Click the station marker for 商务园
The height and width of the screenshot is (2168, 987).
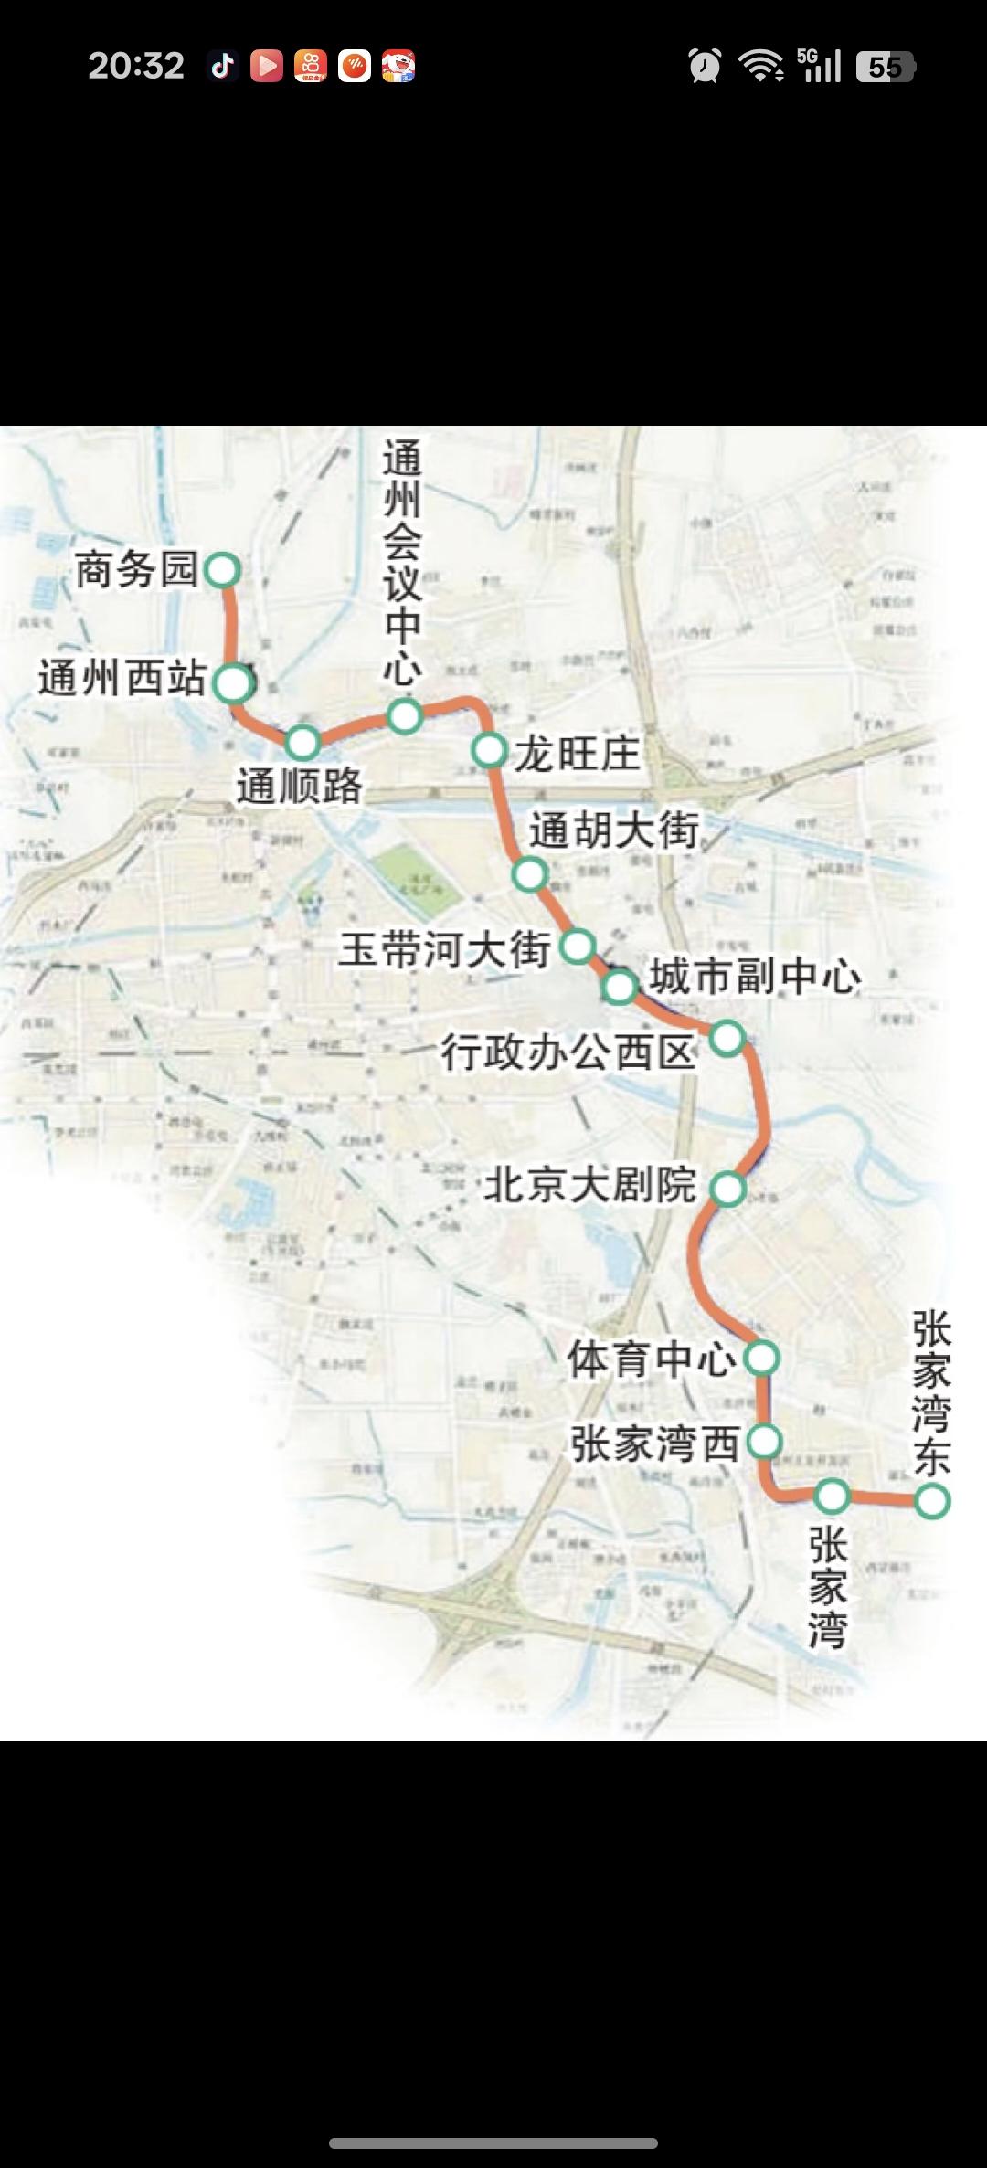(222, 570)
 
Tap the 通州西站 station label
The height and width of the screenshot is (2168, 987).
(122, 679)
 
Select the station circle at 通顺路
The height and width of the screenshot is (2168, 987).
(302, 743)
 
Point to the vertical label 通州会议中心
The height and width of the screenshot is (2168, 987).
(402, 562)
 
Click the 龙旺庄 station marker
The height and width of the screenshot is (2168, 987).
(490, 750)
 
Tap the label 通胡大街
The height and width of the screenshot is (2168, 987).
(614, 830)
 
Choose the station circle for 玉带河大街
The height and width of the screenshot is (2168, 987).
(577, 946)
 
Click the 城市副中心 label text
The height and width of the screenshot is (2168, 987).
(755, 977)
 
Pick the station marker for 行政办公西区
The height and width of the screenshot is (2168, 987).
(727, 1038)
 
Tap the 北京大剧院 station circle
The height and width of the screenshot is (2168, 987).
(728, 1189)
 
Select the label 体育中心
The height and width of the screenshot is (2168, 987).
(651, 1359)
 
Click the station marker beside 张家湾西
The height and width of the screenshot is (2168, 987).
(764, 1442)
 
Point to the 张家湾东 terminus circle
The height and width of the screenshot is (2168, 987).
(932, 1501)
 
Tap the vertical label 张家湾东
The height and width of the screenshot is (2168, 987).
(931, 1393)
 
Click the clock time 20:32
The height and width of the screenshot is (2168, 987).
(136, 66)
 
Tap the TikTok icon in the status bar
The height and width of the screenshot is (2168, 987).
(222, 66)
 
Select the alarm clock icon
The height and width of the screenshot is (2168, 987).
(705, 66)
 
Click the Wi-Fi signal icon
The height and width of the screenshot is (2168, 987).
(760, 66)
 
